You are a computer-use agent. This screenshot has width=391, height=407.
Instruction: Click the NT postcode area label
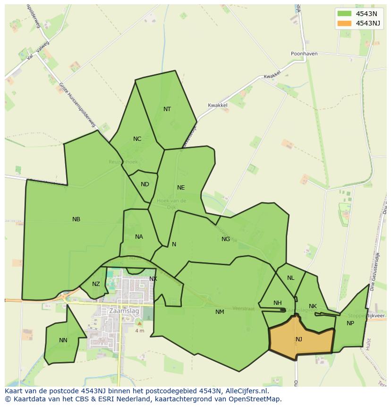point(167,109)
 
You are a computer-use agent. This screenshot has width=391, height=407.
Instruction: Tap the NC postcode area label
point(137,139)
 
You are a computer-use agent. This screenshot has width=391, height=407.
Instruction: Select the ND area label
point(145,184)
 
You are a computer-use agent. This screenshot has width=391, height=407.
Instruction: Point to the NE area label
point(181,188)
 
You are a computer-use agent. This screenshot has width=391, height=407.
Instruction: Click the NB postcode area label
point(76,219)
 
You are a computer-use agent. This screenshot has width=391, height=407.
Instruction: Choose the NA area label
point(139,237)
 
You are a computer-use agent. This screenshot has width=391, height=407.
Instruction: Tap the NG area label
point(226,239)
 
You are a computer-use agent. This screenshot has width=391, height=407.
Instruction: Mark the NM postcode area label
point(220,312)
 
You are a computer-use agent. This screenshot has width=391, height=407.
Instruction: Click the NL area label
point(290,278)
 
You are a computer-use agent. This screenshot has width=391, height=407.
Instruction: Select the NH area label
point(277,303)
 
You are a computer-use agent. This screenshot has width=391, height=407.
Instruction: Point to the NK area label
point(313,306)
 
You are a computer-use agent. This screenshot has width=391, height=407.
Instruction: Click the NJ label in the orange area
point(299,339)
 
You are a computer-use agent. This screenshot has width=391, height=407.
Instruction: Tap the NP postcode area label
point(350,323)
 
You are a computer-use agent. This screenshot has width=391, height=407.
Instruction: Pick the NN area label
point(63,340)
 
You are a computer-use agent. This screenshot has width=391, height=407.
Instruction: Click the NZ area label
point(96,284)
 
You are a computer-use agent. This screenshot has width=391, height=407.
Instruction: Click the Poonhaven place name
point(304,54)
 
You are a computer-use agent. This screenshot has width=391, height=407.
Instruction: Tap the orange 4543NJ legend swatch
point(345,23)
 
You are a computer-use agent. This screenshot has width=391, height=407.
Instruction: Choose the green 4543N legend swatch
point(345,13)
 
